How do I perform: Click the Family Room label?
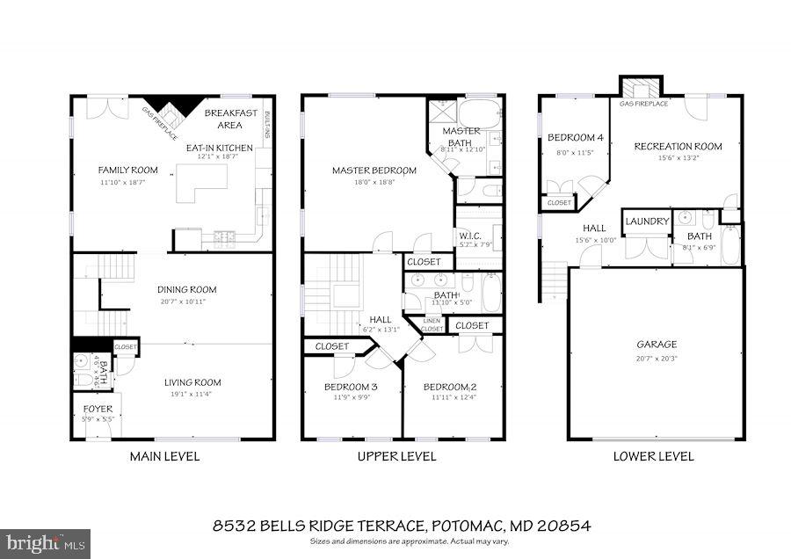127,170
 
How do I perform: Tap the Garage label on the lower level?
657,345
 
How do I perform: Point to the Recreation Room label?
678,146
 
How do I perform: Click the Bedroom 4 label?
575,138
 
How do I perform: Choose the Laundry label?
648,221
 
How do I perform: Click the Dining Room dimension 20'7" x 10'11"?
188,301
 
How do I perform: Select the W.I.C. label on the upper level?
469,235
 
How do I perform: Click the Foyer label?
98,410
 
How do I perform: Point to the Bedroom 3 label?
351,388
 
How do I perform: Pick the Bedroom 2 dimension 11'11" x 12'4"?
453,398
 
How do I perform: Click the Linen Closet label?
432,325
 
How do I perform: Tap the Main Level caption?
164,456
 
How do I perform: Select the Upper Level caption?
395,456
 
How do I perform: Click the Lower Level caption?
653,456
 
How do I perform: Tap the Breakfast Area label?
230,119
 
